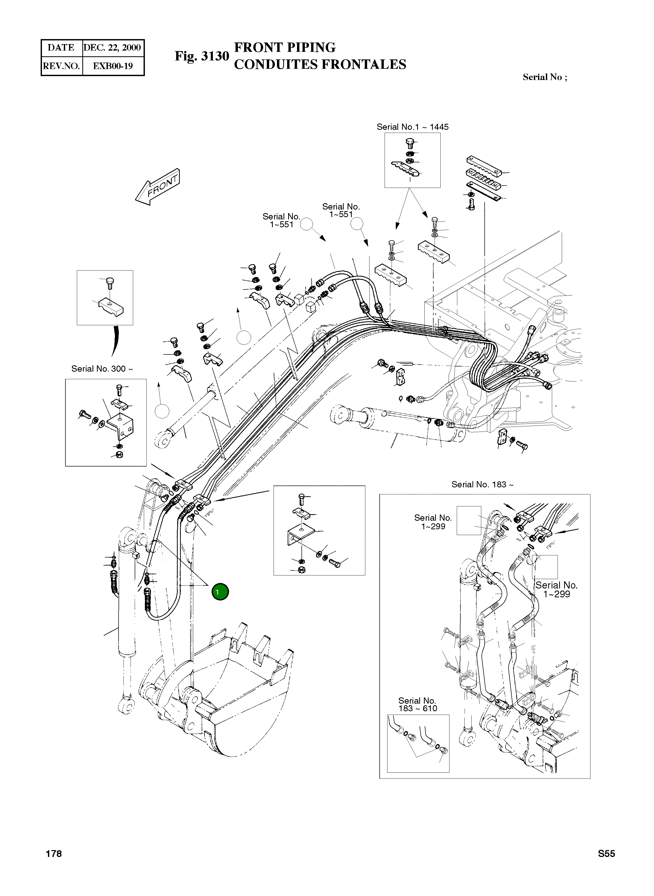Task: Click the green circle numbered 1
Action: point(220,592)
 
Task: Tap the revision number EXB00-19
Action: point(113,66)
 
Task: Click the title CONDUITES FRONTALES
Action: point(320,65)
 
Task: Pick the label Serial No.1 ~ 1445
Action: point(412,127)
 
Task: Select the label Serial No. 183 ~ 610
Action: point(418,704)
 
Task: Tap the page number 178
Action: point(54,854)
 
